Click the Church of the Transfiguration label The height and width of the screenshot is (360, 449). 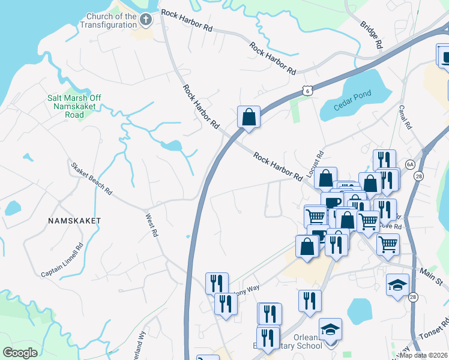pyautogui.click(x=112, y=20)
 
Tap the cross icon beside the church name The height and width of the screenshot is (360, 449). pyautogui.click(x=145, y=21)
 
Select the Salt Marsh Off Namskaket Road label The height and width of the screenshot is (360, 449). pyautogui.click(x=74, y=106)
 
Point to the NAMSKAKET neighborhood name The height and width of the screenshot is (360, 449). pyautogui.click(x=74, y=221)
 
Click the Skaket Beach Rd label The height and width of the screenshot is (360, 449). pyautogui.click(x=91, y=179)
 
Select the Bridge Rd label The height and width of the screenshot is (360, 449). pyautogui.click(x=372, y=34)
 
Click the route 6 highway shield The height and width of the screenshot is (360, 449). pyautogui.click(x=307, y=91)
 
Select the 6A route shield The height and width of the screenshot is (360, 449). pyautogui.click(x=410, y=164)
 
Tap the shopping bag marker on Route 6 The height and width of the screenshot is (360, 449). pyautogui.click(x=249, y=117)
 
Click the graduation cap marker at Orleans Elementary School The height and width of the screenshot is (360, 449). pyautogui.click(x=330, y=329)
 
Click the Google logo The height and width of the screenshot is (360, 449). pyautogui.click(x=20, y=353)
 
